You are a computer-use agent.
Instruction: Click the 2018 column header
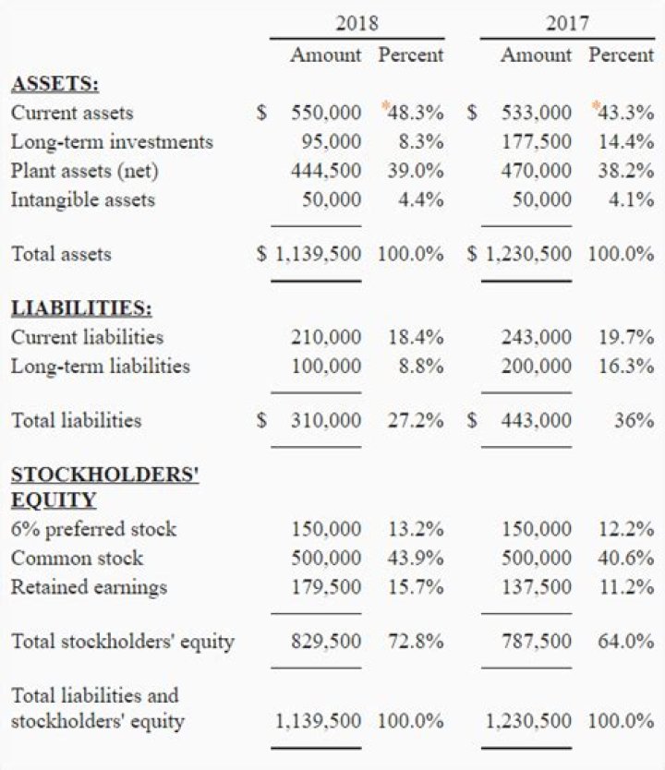(357, 23)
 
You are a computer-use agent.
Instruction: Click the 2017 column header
(567, 23)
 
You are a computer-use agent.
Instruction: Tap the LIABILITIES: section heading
(81, 307)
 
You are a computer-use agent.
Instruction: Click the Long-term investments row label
(112, 142)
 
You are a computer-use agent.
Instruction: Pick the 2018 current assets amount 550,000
(326, 113)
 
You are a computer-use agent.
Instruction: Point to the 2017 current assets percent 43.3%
(625, 113)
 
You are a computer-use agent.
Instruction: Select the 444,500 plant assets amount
(326, 171)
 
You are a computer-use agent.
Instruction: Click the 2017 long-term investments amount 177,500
(536, 142)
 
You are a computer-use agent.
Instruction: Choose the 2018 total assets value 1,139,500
(318, 254)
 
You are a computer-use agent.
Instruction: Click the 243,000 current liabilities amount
(536, 337)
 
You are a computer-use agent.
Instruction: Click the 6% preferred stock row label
(93, 529)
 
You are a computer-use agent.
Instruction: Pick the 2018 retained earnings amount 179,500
(326, 587)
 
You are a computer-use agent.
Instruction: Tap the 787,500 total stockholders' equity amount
(536, 641)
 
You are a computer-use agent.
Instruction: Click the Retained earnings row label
(89, 587)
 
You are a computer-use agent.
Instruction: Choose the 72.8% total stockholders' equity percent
(415, 641)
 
